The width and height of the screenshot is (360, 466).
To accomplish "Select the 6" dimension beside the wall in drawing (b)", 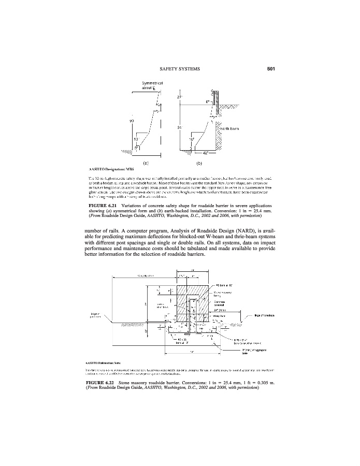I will click(x=207, y=102).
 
